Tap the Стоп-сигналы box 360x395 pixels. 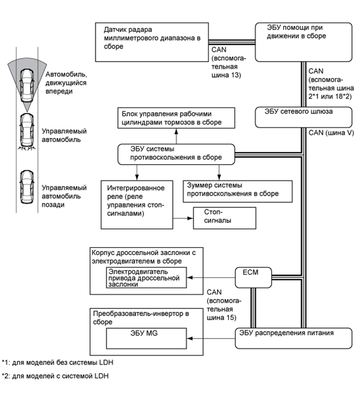(225, 217)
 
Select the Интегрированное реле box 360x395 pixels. (136, 203)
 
